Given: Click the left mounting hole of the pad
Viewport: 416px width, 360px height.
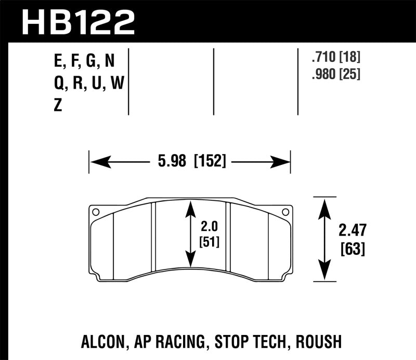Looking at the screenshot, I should point(96,212).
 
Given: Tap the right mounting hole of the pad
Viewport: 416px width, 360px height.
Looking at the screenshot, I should point(284,212).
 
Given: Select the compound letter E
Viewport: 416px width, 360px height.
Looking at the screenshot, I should point(57,62).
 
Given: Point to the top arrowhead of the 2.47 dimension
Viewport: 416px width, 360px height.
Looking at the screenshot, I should point(324,205).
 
